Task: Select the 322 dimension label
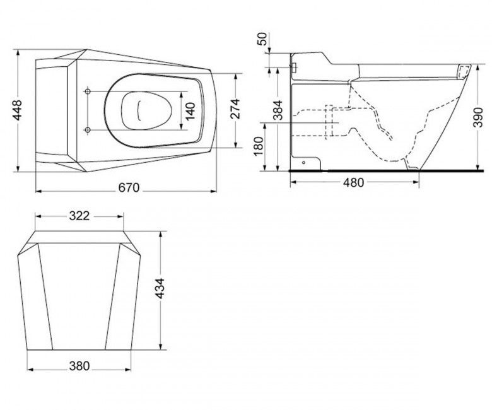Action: (79, 216)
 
